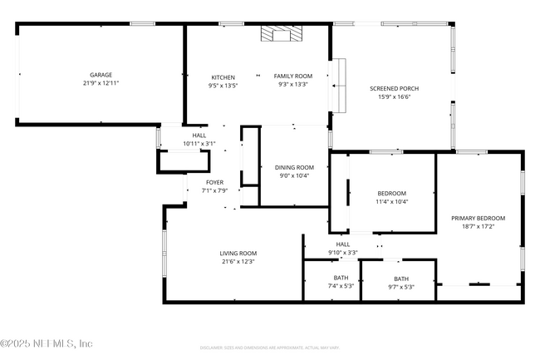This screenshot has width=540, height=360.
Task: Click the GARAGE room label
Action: [101, 75]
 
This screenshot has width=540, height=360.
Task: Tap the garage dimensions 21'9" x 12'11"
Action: [101, 83]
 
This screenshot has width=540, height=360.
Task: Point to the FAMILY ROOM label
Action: [293, 76]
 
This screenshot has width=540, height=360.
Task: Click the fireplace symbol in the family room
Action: [278, 33]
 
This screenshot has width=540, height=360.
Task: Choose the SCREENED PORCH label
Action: [394, 88]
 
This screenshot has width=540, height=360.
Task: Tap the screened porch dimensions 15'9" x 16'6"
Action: [394, 96]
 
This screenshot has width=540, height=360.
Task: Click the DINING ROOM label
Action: [294, 167]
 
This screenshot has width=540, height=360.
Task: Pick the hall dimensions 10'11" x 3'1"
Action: [199, 144]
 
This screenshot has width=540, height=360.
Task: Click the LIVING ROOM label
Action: [238, 254]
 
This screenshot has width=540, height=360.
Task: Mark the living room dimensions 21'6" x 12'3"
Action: [238, 262]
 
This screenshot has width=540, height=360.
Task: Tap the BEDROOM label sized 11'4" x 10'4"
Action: [391, 193]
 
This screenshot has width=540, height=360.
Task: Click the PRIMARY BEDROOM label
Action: [478, 218]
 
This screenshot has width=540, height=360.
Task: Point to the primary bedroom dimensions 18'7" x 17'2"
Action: [478, 226]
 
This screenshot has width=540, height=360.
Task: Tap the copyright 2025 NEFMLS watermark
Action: [47, 343]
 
